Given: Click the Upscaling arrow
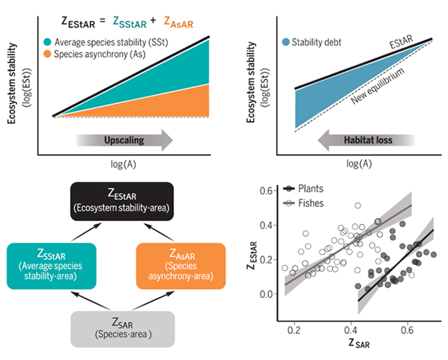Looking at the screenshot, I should pos(124,139).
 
